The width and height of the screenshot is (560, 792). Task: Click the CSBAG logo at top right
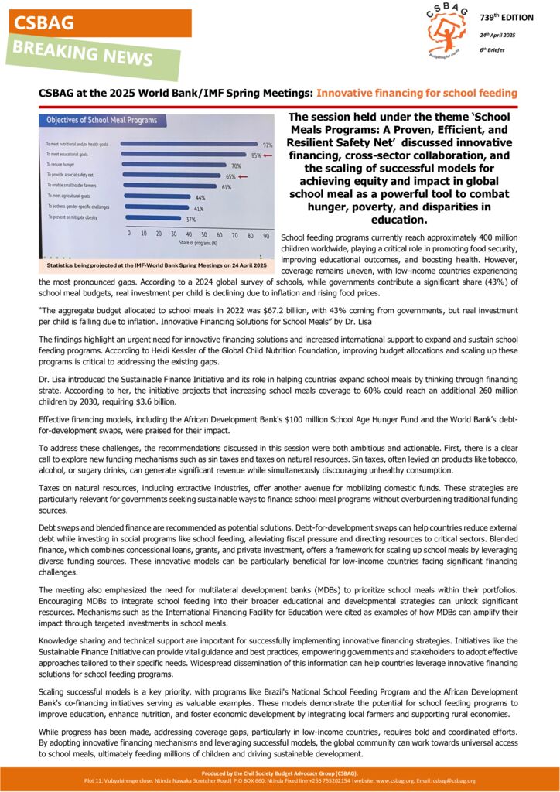pos(446,31)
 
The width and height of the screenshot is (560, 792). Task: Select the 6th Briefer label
pos(492,50)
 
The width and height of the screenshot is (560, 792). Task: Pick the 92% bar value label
pos(268,145)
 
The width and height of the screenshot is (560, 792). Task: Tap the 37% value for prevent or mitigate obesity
pos(190,219)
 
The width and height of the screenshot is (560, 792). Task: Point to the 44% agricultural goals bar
pos(155,198)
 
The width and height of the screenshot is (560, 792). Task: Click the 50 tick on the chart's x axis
pos(204,234)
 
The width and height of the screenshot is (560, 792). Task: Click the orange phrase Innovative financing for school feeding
pos(417,93)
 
